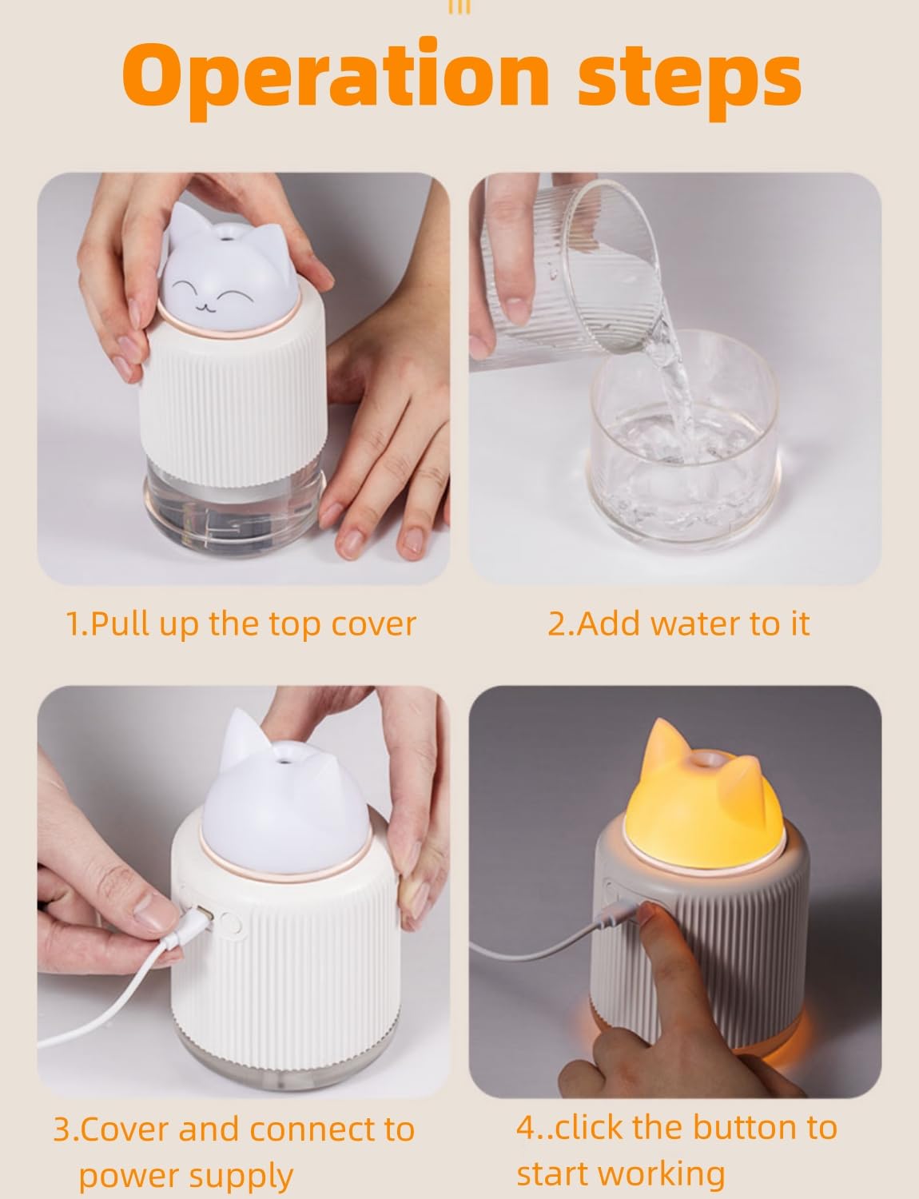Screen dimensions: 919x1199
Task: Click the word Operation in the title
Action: tap(336, 77)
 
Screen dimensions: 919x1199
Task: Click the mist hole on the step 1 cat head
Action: tap(226, 238)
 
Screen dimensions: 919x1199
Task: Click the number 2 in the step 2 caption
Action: tap(556, 624)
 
